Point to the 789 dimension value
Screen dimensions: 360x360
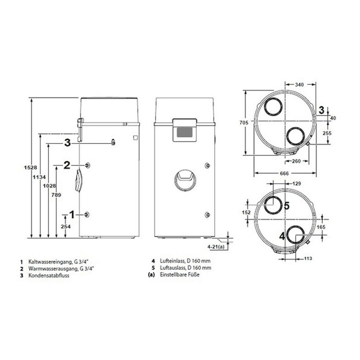[56, 195]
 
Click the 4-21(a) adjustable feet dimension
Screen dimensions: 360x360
[216, 247]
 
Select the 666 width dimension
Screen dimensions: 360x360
[284, 173]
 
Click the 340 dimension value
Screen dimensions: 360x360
[299, 85]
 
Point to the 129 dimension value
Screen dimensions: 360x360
[296, 183]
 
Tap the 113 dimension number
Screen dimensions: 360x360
[308, 258]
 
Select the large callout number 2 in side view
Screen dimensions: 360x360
[67, 165]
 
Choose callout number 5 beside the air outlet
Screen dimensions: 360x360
[286, 206]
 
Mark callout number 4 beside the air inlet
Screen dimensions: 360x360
[282, 236]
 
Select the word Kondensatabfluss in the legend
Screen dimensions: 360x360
[49, 275]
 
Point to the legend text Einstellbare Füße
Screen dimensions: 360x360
[180, 274]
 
